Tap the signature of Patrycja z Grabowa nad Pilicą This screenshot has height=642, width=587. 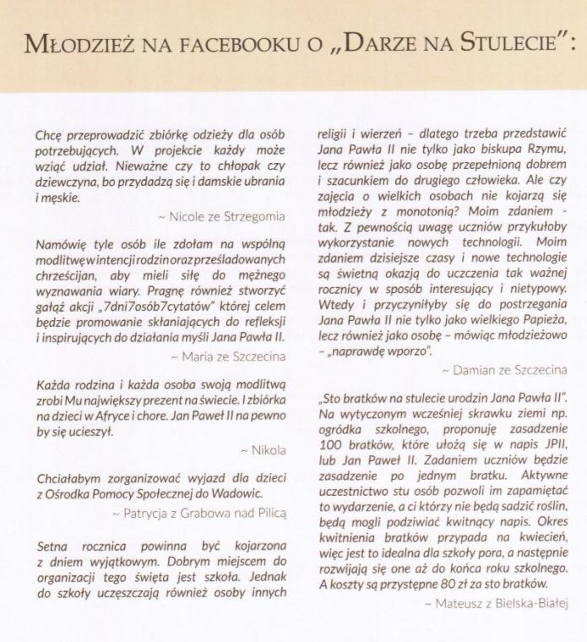201,512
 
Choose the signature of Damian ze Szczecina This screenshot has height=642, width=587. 503,370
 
